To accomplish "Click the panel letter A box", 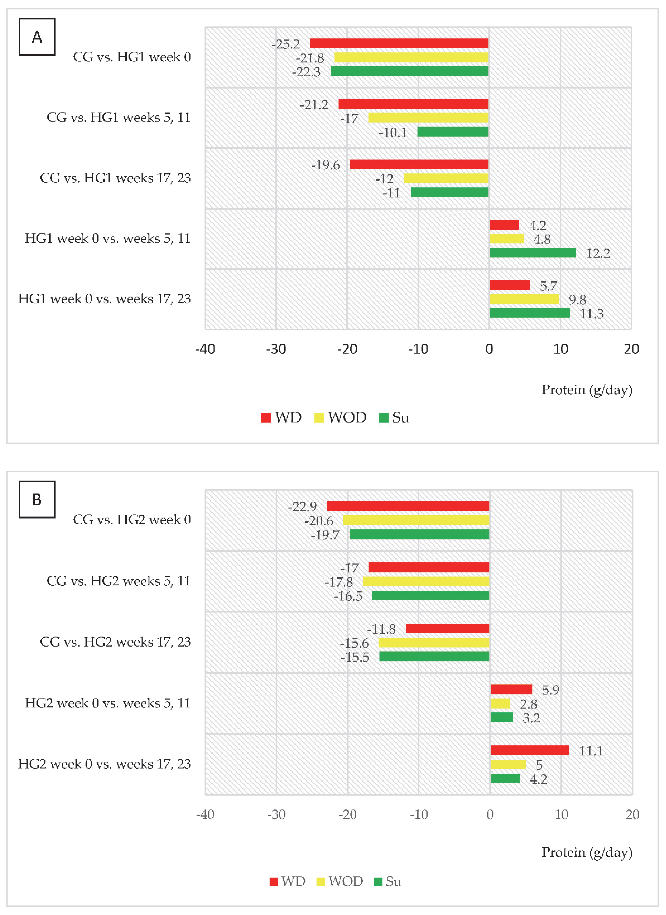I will click(37, 37).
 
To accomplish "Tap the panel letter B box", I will click(37, 499).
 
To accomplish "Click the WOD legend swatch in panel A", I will click(319, 418).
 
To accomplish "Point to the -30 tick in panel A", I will click(276, 349).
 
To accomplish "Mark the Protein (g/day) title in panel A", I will click(586, 390).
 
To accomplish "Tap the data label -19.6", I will click(325, 165).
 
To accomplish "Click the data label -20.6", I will click(318, 521).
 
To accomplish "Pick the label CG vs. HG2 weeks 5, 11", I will click(118, 581).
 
